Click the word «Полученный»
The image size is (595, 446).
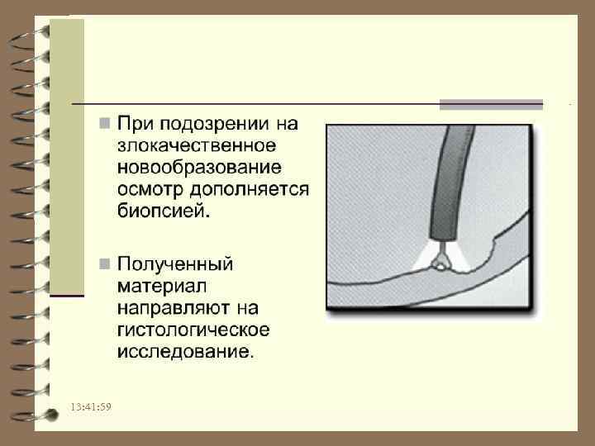pyautogui.click(x=175, y=265)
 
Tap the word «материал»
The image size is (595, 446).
pyautogui.click(x=157, y=287)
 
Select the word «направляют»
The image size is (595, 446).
pyautogui.click(x=174, y=308)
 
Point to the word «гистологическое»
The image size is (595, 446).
pyautogui.click(x=193, y=330)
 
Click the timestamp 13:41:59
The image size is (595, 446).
pyautogui.click(x=91, y=408)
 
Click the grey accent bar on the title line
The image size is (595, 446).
pyautogui.click(x=491, y=104)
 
